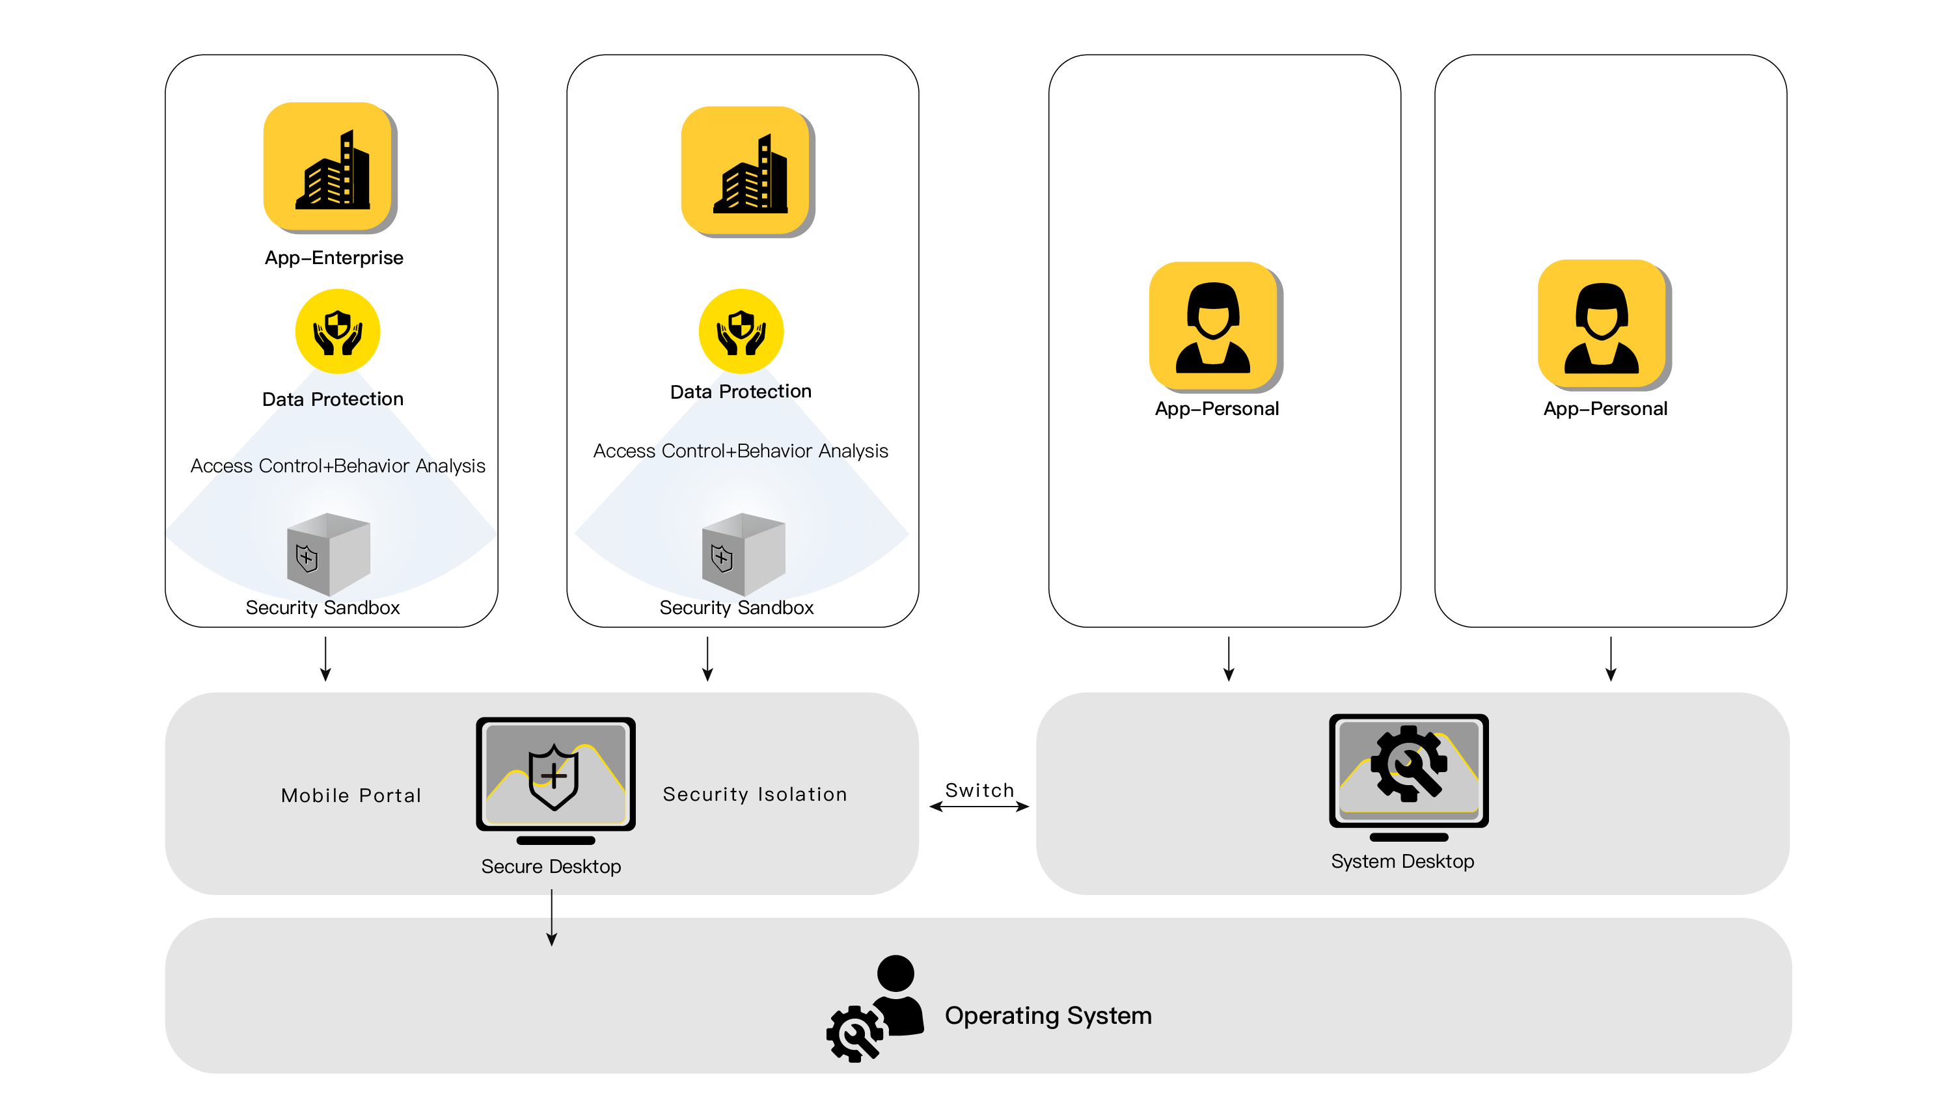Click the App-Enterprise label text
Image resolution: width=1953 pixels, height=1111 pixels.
(x=333, y=258)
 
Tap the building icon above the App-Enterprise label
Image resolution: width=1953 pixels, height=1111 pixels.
(x=330, y=167)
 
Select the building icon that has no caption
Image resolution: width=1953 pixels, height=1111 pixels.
(x=748, y=172)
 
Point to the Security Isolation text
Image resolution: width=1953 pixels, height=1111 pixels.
(x=755, y=794)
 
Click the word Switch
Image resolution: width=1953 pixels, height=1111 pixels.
(x=979, y=790)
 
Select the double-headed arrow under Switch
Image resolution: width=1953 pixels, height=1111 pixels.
(x=979, y=807)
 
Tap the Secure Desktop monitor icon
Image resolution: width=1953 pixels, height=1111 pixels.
(x=556, y=780)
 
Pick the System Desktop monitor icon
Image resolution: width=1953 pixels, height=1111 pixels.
(x=1408, y=777)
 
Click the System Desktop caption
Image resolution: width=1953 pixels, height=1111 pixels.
(x=1402, y=861)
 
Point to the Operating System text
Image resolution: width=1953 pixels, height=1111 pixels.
(x=1048, y=1015)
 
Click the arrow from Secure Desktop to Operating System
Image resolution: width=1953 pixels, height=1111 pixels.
(x=552, y=917)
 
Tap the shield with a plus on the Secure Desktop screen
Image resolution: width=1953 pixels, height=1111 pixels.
(x=553, y=777)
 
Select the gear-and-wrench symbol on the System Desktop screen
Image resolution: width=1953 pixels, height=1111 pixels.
(x=1408, y=763)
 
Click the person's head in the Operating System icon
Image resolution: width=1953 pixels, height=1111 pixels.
(x=895, y=973)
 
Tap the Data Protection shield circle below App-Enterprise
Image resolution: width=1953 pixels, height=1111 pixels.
(x=337, y=331)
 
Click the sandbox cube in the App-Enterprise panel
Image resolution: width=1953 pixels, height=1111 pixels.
(x=328, y=554)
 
